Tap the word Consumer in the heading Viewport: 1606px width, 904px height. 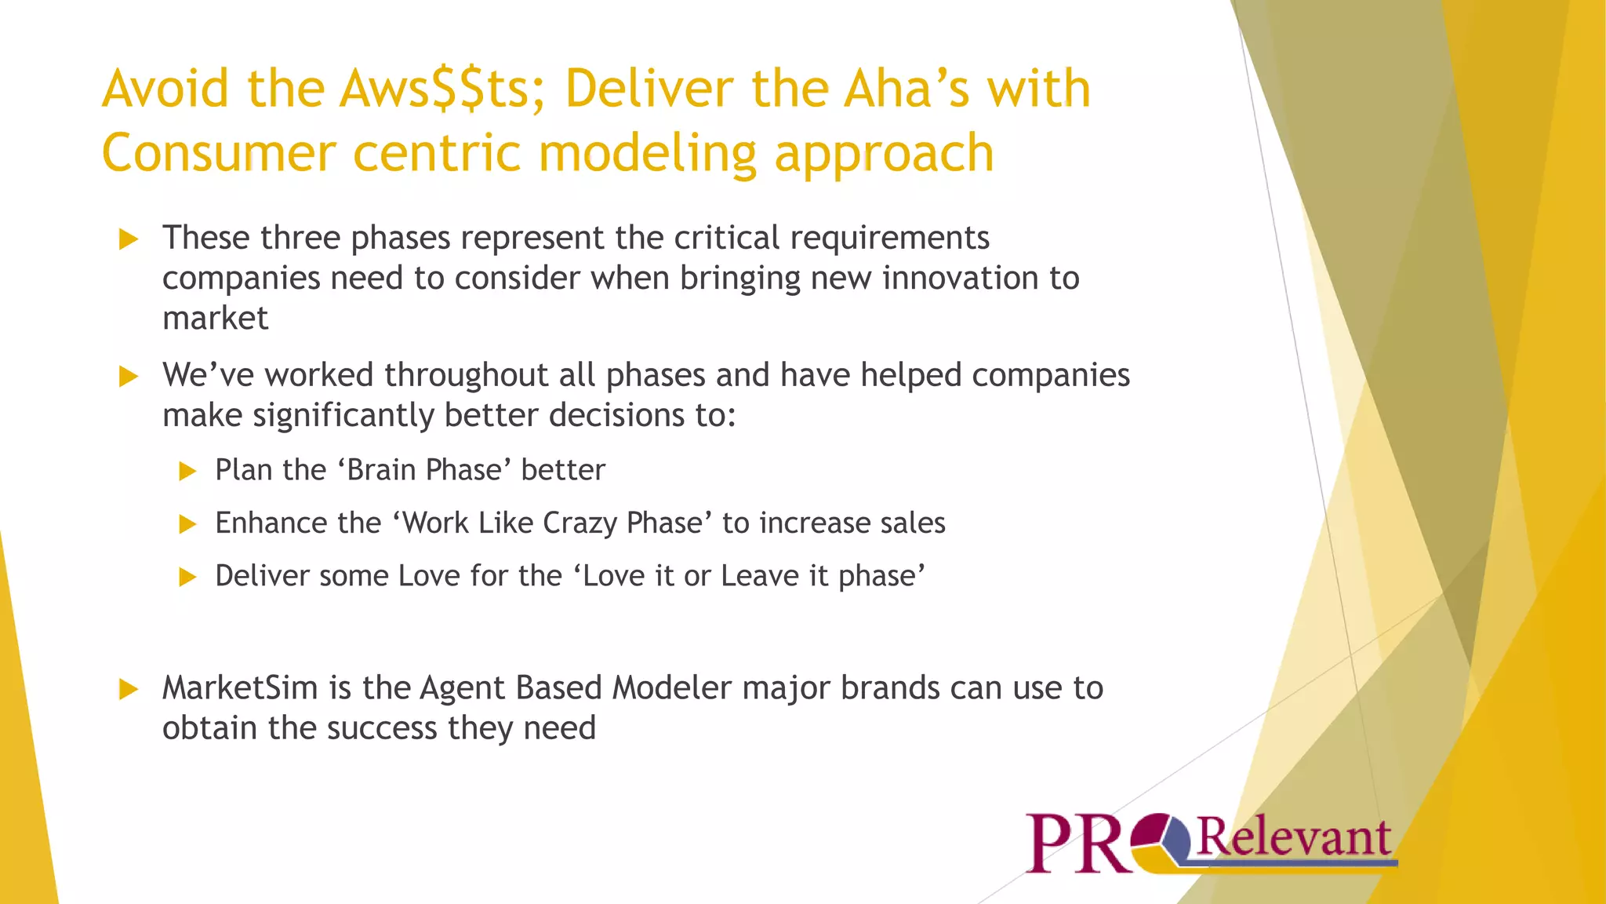(219, 153)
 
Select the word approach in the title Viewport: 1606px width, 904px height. (884, 153)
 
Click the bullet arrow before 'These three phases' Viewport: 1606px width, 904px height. (129, 239)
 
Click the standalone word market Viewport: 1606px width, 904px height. (215, 319)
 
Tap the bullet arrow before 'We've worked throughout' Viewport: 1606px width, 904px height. (129, 377)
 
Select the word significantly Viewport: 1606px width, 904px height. (343, 415)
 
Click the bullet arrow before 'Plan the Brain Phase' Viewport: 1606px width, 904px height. (187, 471)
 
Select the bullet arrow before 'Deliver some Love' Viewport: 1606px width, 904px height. (187, 578)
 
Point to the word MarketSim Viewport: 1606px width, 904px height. (240, 688)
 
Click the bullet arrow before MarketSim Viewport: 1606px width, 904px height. (129, 690)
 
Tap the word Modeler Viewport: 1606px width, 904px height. (672, 688)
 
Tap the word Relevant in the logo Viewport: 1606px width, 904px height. (1294, 837)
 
